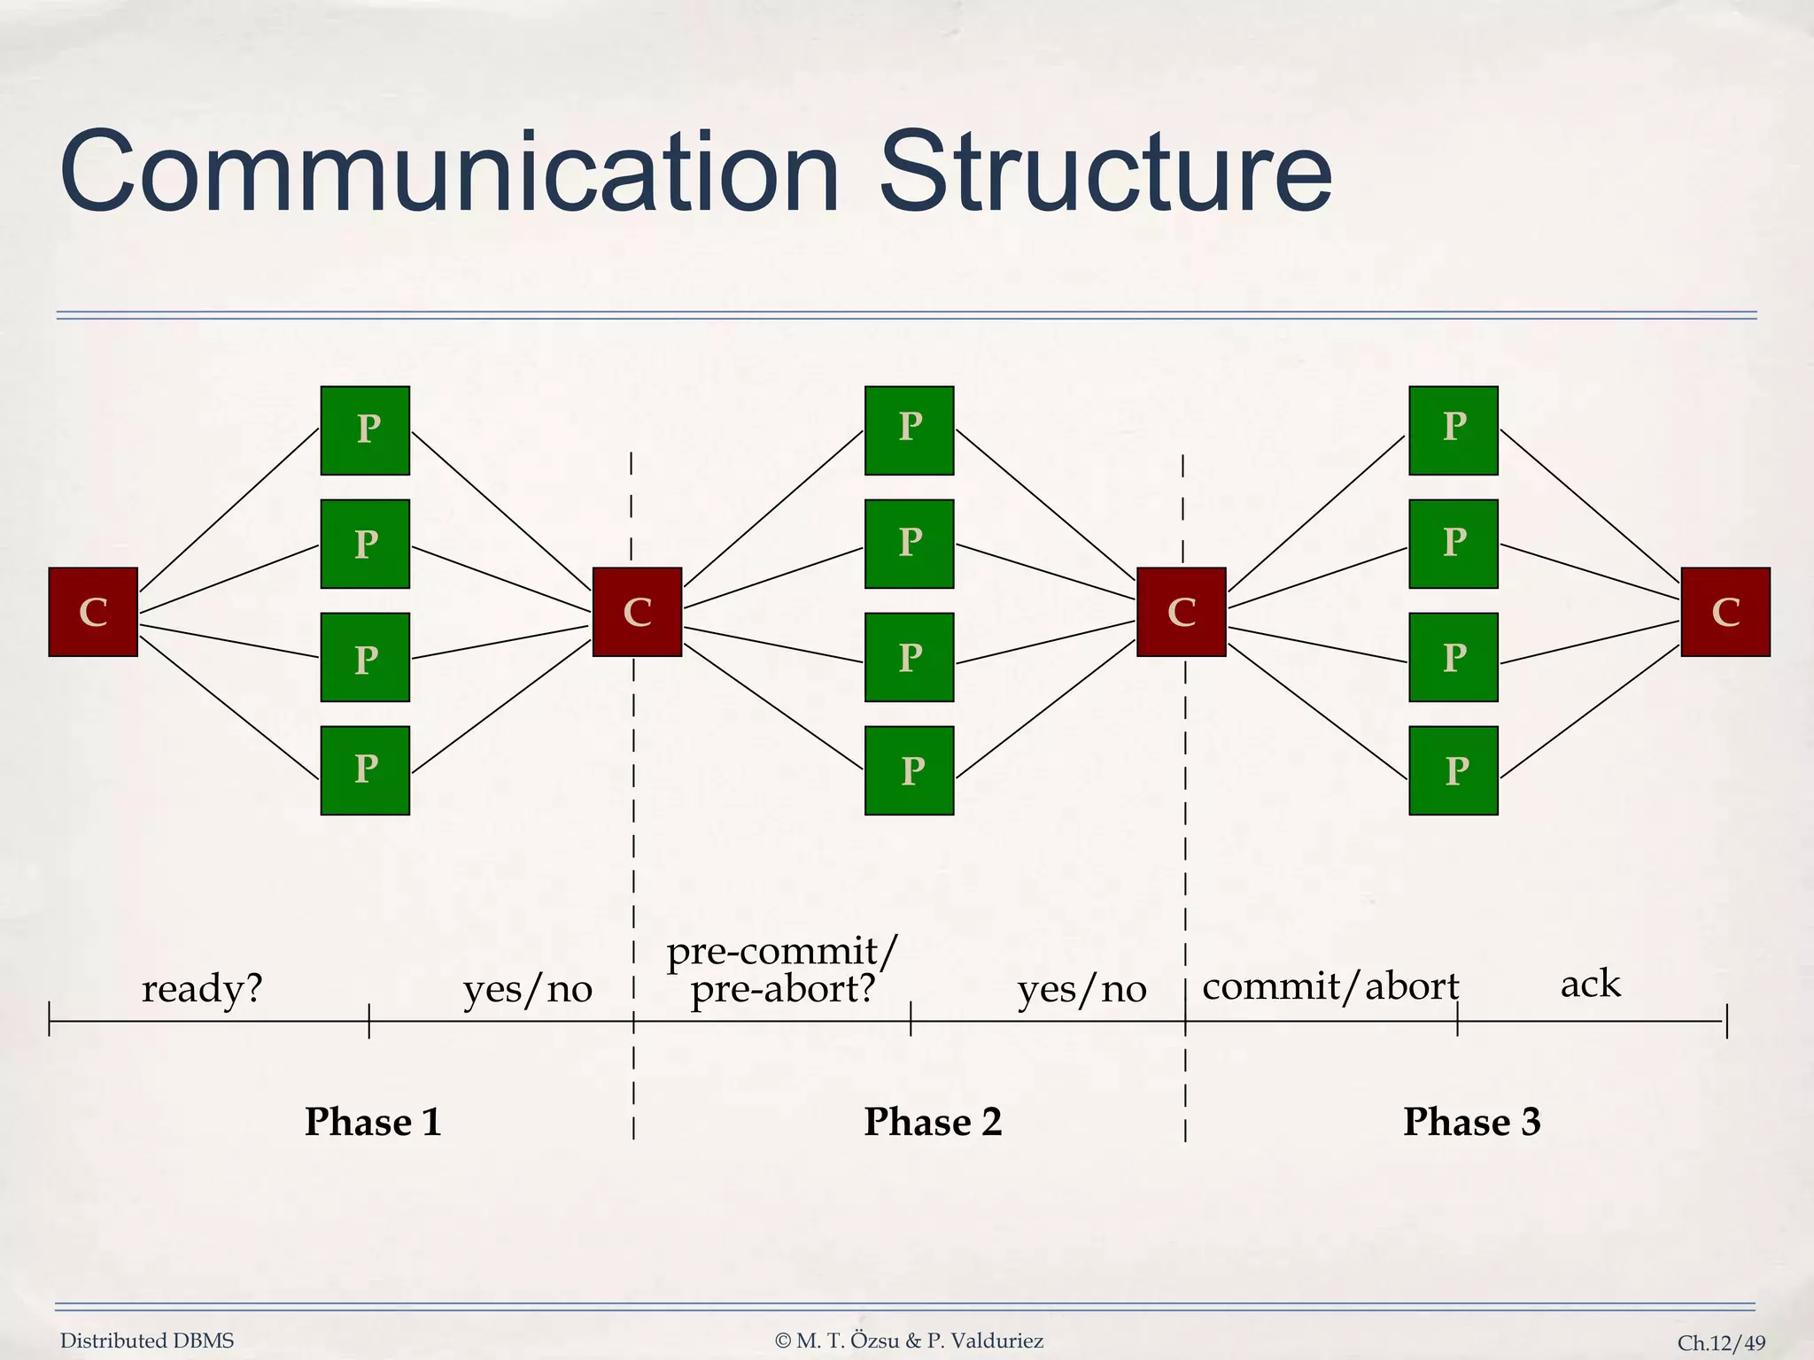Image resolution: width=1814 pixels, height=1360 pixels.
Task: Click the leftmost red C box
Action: point(93,612)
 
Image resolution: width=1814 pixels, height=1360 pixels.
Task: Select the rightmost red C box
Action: point(1725,612)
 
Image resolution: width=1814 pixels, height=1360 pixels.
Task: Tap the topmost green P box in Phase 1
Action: point(365,430)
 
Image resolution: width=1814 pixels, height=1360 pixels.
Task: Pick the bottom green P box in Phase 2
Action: point(909,770)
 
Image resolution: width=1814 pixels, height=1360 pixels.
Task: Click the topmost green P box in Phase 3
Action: point(1453,430)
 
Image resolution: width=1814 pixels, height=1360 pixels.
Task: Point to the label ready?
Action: point(202,988)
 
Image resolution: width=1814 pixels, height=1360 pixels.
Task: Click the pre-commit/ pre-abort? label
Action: point(783,970)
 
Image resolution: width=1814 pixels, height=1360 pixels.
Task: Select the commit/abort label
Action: point(1330,986)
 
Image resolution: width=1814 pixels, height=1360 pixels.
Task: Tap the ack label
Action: point(1590,984)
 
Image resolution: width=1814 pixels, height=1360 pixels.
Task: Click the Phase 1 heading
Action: point(373,1122)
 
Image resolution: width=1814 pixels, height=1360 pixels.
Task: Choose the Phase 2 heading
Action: point(933,1122)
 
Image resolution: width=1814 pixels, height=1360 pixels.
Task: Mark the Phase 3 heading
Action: point(1472,1122)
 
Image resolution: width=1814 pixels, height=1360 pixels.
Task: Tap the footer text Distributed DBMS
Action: point(147,1341)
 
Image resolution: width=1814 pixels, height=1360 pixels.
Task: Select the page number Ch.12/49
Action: point(1721,1343)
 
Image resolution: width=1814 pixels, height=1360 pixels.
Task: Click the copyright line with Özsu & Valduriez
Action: point(909,1341)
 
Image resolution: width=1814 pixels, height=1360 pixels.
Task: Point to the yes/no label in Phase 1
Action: point(528,989)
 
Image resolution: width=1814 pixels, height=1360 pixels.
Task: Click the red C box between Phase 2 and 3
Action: point(1181,612)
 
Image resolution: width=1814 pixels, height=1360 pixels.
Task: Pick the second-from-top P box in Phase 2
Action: point(909,544)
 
